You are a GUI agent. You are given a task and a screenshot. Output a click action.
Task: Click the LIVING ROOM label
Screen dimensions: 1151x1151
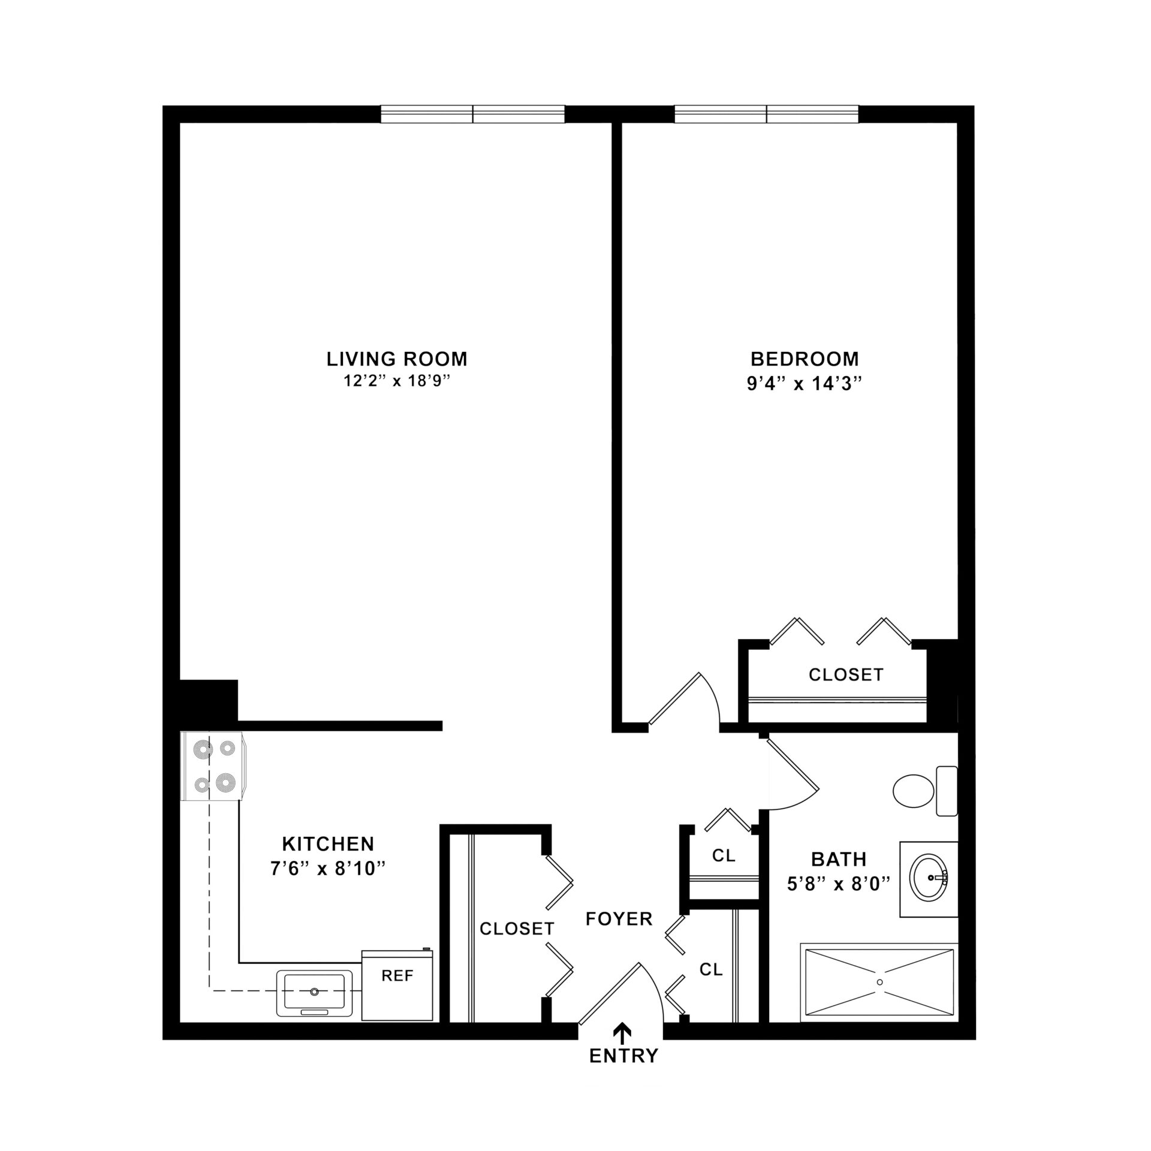point(397,359)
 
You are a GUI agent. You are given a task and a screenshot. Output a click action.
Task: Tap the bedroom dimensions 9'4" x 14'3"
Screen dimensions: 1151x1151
point(805,383)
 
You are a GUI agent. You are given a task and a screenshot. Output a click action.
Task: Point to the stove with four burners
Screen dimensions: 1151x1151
point(213,766)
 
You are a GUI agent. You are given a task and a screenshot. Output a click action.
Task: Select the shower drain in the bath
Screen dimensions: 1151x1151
point(879,982)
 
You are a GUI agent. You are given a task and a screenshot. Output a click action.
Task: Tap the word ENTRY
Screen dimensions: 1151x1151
point(624,1056)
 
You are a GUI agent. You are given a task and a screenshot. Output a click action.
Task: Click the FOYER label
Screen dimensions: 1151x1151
point(619,919)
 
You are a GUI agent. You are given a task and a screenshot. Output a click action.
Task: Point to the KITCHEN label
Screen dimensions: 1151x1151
point(328,844)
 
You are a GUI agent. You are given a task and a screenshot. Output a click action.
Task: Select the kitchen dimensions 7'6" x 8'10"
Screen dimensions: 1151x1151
point(327,869)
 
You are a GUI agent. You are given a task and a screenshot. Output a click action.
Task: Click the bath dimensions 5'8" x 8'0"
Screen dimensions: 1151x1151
point(839,883)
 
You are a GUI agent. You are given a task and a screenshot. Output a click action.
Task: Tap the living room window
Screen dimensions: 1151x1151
point(473,114)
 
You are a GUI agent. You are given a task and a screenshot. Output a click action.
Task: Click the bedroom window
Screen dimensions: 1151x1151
point(767,114)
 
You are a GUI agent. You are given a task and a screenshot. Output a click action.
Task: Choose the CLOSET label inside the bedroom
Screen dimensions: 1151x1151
point(846,675)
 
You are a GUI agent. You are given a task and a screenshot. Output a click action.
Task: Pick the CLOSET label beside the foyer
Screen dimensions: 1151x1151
point(517,929)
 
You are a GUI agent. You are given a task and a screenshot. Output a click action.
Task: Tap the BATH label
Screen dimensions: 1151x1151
point(839,859)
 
